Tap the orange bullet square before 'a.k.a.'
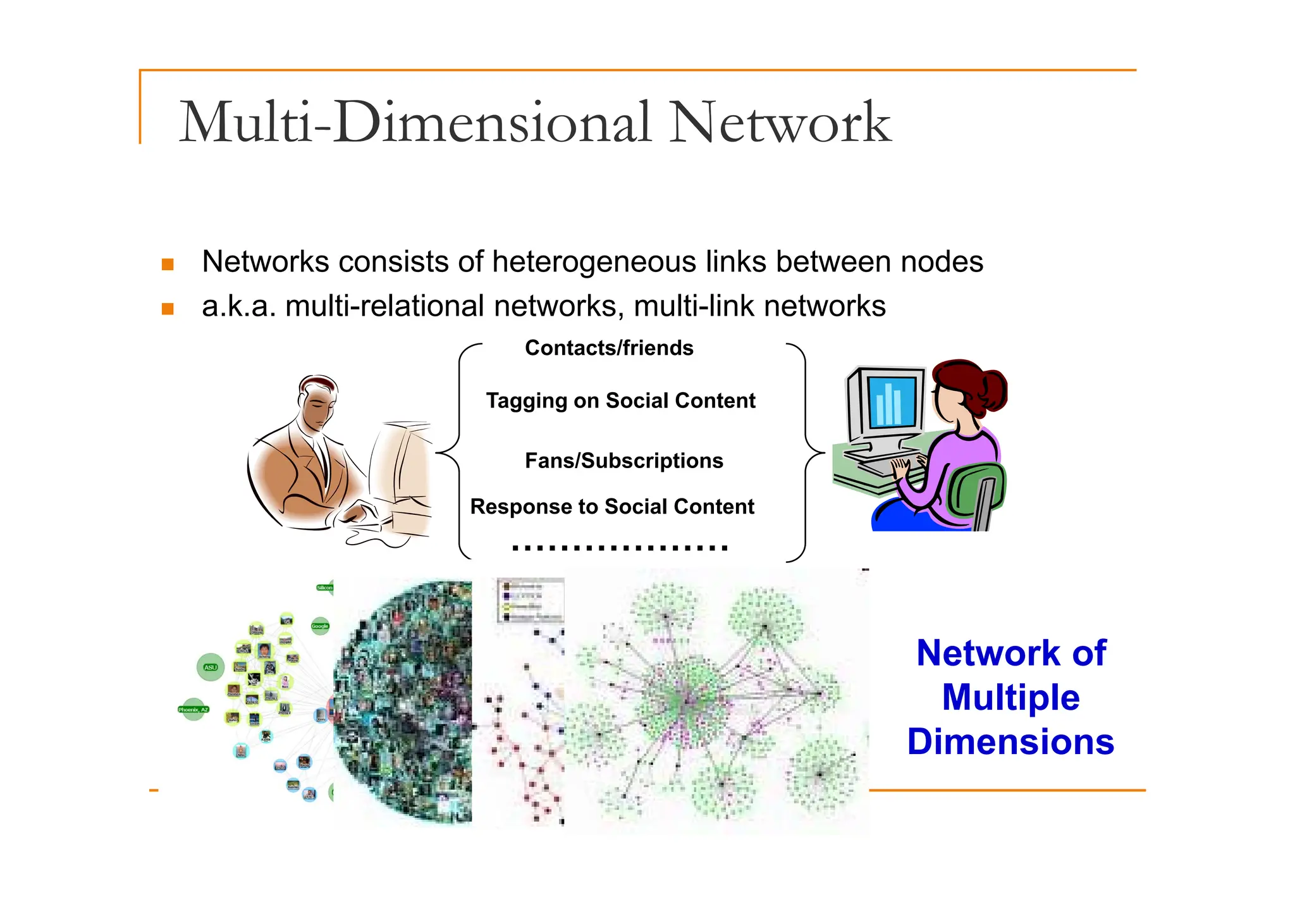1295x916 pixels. (x=168, y=309)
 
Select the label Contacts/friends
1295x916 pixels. (x=609, y=348)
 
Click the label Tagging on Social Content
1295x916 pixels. (x=620, y=400)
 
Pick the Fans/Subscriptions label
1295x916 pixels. (x=623, y=461)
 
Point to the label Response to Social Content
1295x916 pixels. (x=612, y=507)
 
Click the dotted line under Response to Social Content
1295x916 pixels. (x=620, y=548)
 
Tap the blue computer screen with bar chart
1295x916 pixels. (x=892, y=402)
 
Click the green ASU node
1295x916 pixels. (x=211, y=667)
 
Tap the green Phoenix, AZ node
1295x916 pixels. (x=193, y=710)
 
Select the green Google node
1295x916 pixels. (x=320, y=626)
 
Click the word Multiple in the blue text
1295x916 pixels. (x=1010, y=698)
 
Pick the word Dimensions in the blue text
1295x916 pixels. (x=1010, y=742)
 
